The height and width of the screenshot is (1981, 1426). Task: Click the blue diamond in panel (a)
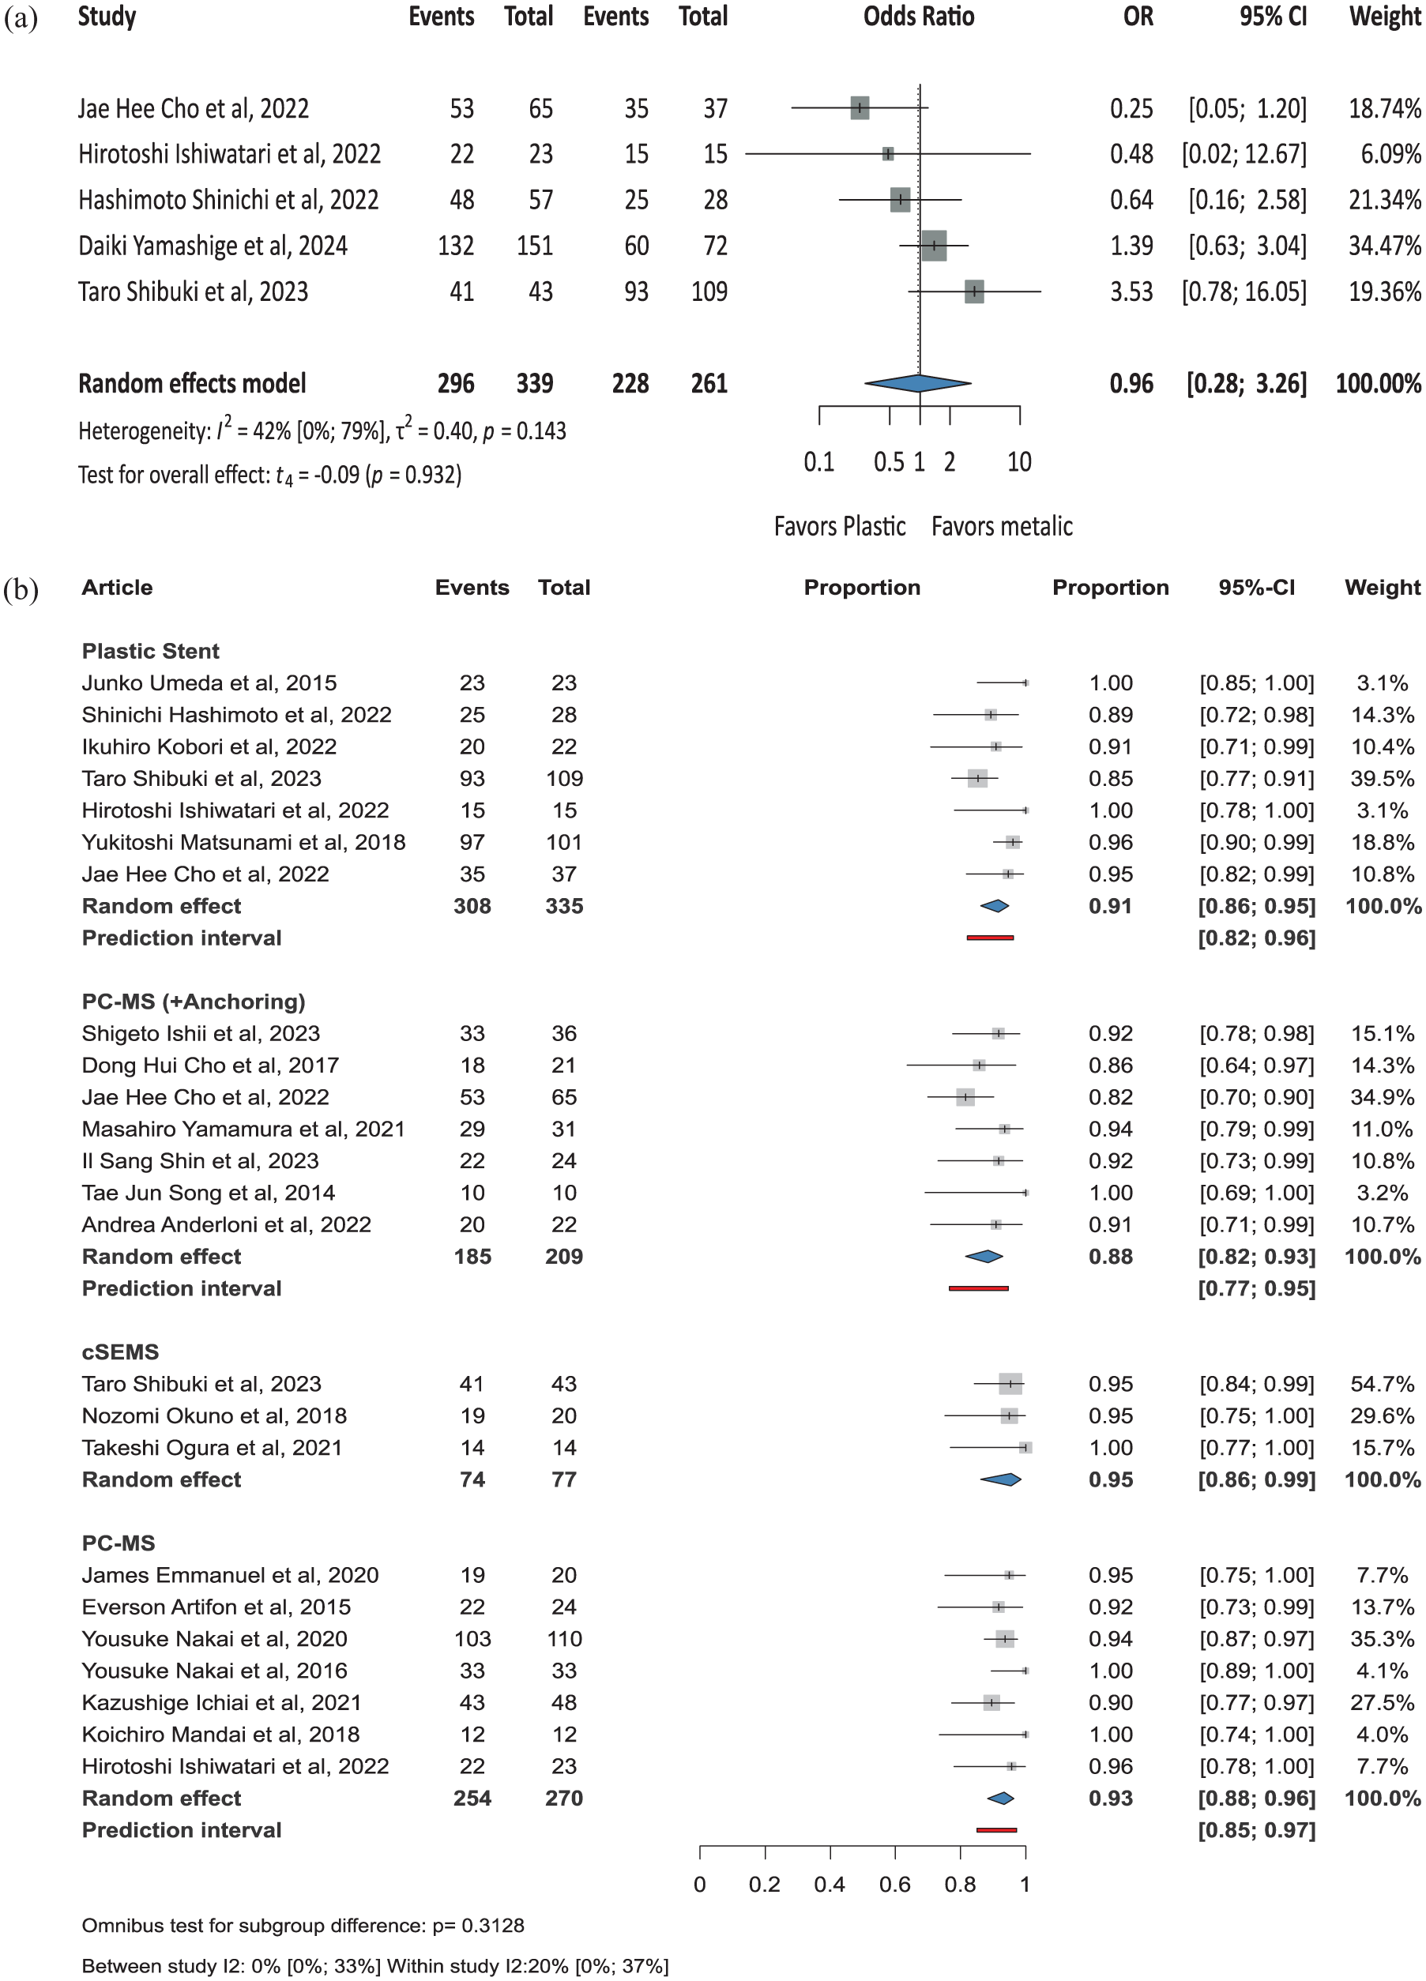click(x=917, y=382)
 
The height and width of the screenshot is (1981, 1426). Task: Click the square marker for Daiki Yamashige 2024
click(x=934, y=246)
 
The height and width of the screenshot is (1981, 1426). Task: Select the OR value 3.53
click(x=1131, y=291)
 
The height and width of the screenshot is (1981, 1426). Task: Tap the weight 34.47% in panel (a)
click(x=1384, y=246)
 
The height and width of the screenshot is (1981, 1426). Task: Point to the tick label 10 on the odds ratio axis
click(x=1019, y=462)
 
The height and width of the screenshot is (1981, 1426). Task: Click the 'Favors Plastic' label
click(x=839, y=527)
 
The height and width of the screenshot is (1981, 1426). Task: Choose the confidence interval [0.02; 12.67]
click(x=1244, y=154)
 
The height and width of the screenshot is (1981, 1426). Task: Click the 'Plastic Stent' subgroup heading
click(x=150, y=651)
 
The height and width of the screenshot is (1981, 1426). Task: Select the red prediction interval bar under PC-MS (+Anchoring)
click(x=979, y=1288)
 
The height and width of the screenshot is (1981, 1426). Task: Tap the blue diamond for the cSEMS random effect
click(x=1001, y=1479)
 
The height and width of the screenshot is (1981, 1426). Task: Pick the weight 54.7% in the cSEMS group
click(x=1382, y=1384)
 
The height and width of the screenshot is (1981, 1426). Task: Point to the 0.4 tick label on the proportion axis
click(x=830, y=1884)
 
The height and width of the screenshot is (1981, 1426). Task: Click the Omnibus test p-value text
click(x=303, y=1925)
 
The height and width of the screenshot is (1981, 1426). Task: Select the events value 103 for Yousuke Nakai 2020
click(x=472, y=1639)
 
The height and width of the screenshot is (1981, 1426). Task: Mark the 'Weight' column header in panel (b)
click(x=1383, y=588)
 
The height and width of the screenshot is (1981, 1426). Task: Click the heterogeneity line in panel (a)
click(x=322, y=430)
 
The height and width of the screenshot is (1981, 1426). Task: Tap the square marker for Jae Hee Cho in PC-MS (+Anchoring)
click(x=965, y=1097)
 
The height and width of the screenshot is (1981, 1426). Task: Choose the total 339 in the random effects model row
click(x=534, y=383)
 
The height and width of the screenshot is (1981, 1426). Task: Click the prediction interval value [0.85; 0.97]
click(x=1256, y=1830)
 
